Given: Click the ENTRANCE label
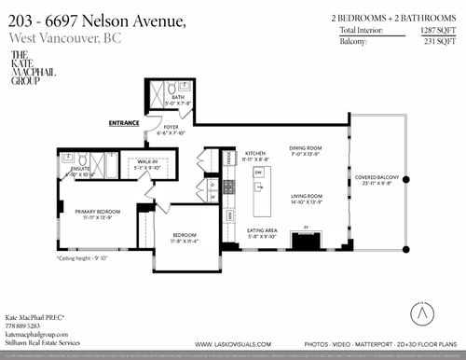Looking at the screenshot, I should [124, 122].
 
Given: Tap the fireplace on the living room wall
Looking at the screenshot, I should [305, 242].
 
